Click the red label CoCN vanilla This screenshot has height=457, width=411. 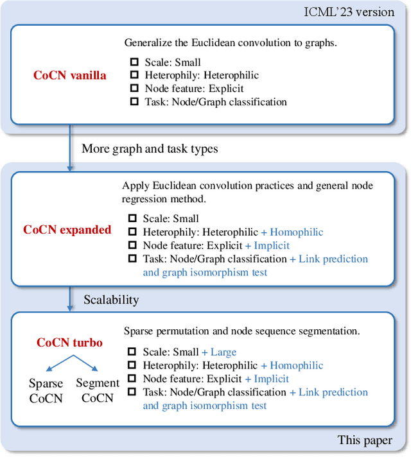70,76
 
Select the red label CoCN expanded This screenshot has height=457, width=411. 67,230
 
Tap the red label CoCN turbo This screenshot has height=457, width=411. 69,343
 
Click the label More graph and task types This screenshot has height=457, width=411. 150,149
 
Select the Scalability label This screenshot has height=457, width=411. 111,300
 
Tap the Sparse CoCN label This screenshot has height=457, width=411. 46,390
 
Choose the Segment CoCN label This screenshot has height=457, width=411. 98,390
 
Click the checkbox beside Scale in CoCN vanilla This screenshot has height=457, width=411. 134,63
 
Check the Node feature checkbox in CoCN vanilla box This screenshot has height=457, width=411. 134,89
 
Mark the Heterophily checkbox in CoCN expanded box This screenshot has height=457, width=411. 132,232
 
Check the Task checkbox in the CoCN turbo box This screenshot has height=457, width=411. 132,392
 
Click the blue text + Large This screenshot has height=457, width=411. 219,352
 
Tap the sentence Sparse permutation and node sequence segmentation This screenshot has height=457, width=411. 241,331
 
